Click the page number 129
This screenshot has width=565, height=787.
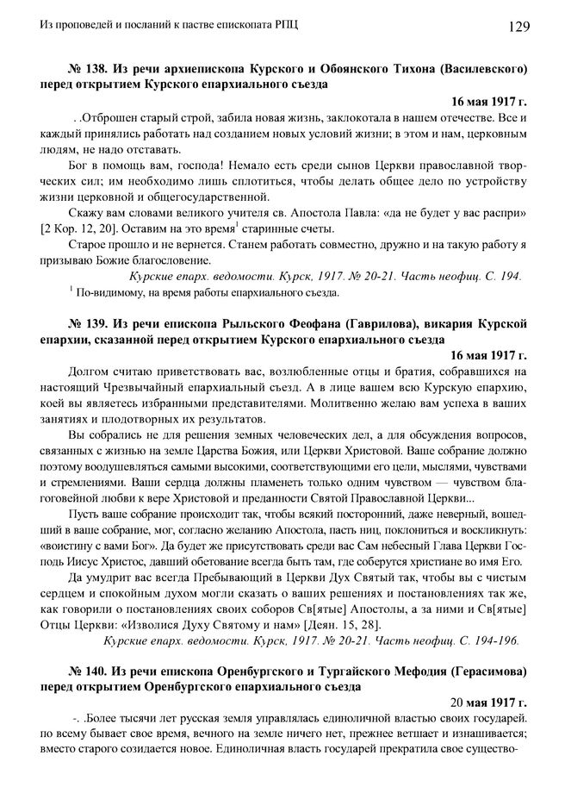517,27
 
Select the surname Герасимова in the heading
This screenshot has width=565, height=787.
480,670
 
